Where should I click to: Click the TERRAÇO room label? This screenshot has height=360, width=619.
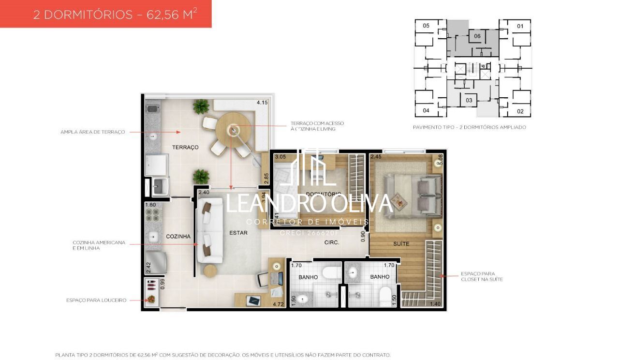click(186, 147)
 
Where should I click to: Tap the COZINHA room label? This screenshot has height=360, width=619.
click(178, 236)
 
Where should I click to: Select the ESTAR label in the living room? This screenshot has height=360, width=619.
click(238, 233)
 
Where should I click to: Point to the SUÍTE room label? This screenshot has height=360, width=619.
click(400, 244)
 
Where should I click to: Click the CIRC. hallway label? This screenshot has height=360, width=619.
click(331, 242)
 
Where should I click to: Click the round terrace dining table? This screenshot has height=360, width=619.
click(233, 129)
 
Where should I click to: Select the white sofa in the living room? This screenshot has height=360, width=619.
click(209, 227)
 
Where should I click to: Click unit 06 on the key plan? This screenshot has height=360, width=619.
click(477, 36)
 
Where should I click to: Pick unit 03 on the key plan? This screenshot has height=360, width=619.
click(469, 100)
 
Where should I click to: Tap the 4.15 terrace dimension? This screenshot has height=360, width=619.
click(262, 103)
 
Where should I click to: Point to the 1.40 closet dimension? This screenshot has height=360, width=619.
click(436, 304)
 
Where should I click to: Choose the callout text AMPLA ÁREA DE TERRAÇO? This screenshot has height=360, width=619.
click(93, 132)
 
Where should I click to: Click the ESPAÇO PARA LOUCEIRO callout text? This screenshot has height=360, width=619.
click(96, 300)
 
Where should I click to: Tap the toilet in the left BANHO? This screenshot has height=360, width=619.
click(332, 273)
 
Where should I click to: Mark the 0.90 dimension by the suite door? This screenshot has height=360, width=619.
click(363, 236)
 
